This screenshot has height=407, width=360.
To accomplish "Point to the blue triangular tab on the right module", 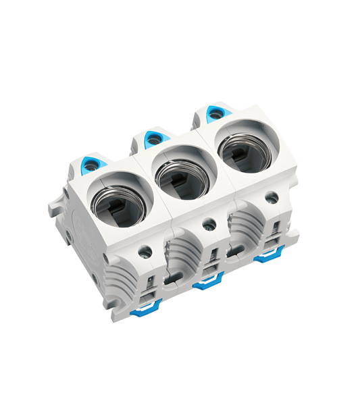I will (x=214, y=113).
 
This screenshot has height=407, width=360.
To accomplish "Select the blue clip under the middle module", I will (x=207, y=284).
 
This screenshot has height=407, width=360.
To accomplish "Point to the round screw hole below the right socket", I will (x=272, y=198).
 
